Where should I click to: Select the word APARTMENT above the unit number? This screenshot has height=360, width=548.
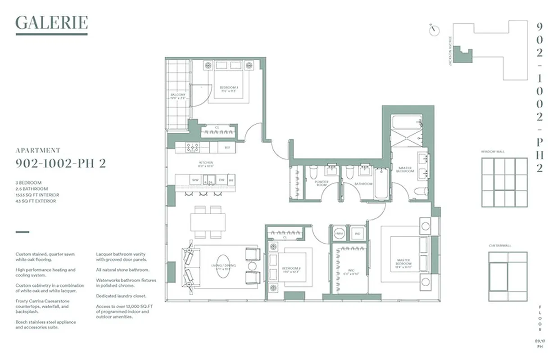38,151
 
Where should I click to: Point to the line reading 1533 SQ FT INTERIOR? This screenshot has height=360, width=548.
37,195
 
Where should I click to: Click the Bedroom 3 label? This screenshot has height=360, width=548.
228,89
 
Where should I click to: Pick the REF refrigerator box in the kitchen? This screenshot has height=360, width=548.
226,147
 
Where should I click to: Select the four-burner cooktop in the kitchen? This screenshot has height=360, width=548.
193,147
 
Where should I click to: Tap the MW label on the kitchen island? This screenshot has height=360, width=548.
195,180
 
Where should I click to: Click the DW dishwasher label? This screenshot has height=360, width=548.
222,180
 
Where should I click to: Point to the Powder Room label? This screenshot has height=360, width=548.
322,184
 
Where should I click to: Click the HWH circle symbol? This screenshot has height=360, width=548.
339,234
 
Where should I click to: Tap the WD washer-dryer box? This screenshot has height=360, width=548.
358,234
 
